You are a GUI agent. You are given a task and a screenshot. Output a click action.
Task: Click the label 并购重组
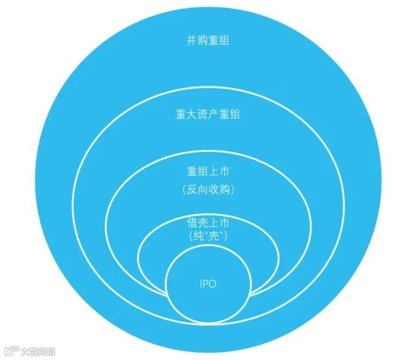pyautogui.click(x=208, y=41)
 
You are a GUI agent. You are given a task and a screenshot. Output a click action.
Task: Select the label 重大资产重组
pyautogui.click(x=208, y=114)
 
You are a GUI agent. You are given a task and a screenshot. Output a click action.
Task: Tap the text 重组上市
pyautogui.click(x=208, y=171)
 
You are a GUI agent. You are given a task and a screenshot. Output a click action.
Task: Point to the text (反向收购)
pyautogui.click(x=208, y=190)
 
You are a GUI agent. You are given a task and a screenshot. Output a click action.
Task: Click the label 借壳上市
pyautogui.click(x=208, y=223)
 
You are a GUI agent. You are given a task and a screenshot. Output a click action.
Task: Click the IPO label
pyautogui.click(x=208, y=284)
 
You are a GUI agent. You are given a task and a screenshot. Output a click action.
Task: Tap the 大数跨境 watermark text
pyautogui.click(x=38, y=351)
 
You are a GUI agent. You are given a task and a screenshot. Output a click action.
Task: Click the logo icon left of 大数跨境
pyautogui.click(x=10, y=351)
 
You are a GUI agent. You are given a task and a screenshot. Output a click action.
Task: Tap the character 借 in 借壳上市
pyautogui.click(x=192, y=223)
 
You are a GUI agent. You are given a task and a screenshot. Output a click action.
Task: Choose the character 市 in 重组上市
pyautogui.click(x=224, y=171)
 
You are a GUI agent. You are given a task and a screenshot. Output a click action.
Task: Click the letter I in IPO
pyautogui.click(x=201, y=284)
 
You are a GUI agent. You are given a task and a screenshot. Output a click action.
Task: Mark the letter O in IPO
pyautogui.click(x=213, y=284)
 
